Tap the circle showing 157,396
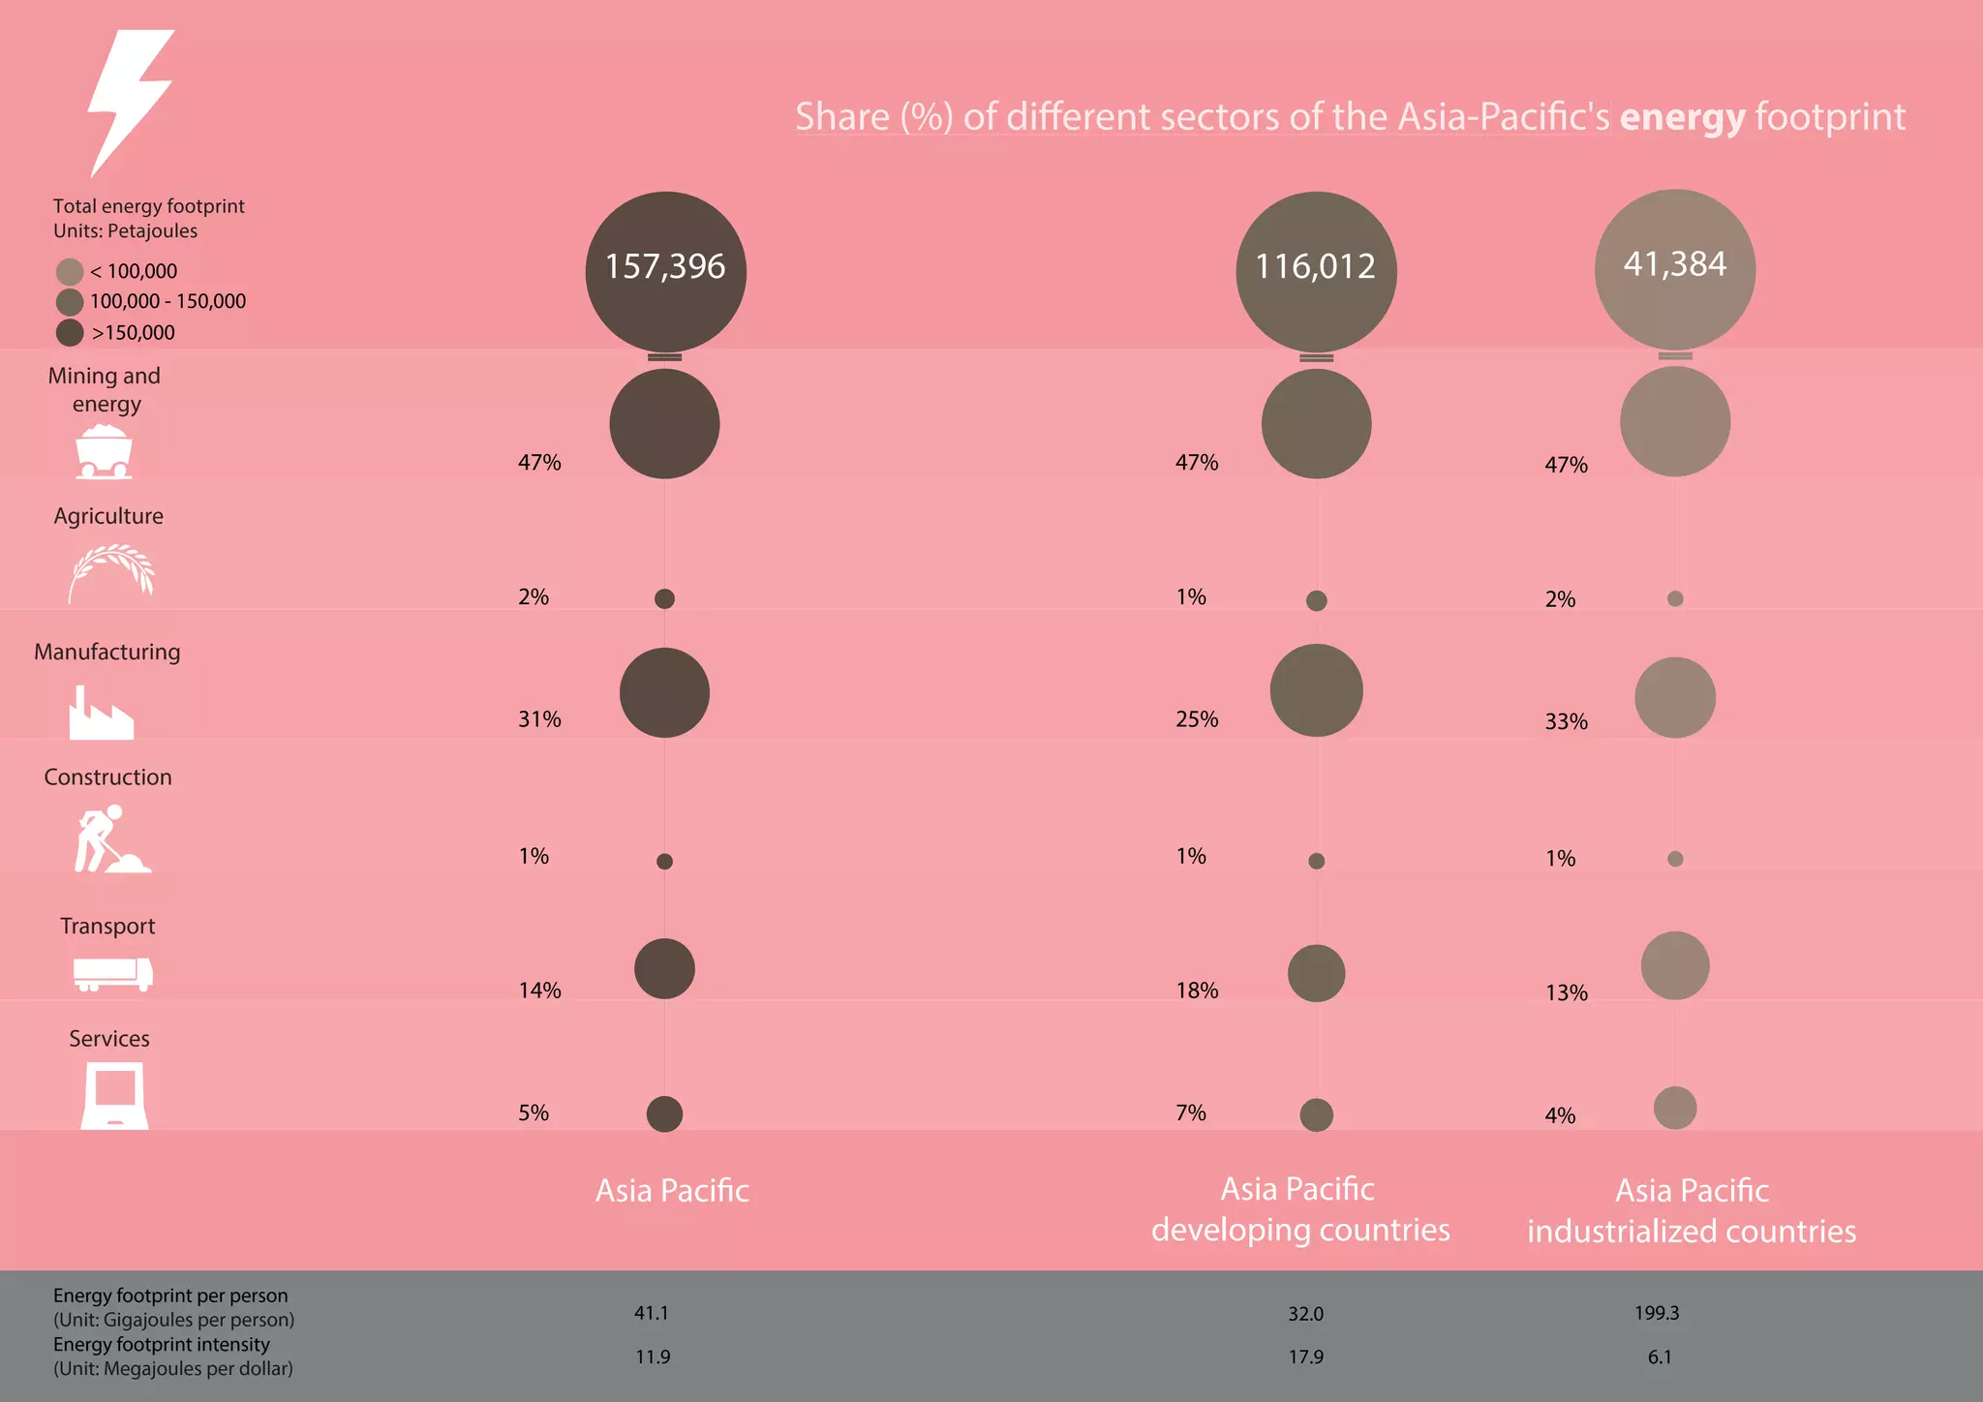coord(665,271)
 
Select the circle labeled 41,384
coord(1674,268)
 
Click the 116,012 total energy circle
coord(1316,271)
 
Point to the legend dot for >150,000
coord(70,333)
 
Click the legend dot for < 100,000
coord(70,271)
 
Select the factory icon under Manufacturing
coord(101,714)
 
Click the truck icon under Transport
coord(112,973)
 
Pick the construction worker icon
coord(109,839)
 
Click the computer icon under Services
coord(114,1095)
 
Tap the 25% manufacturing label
coord(1197,719)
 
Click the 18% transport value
coord(1197,991)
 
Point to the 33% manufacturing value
coord(1566,721)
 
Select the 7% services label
coord(1191,1113)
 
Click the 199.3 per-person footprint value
coord(1657,1314)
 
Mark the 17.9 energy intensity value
coord(1305,1357)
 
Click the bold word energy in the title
coord(1682,118)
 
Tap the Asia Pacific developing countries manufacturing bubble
coord(1316,690)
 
